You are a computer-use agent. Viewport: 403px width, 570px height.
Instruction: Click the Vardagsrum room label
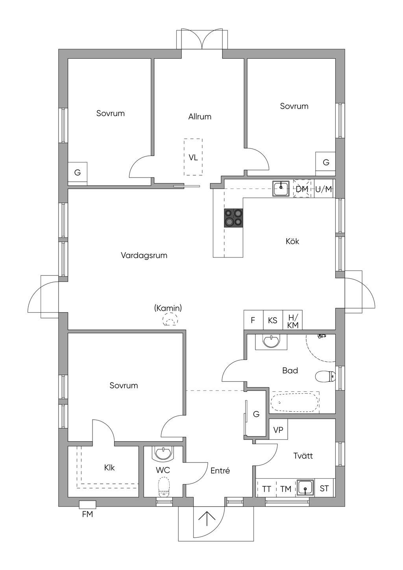click(144, 255)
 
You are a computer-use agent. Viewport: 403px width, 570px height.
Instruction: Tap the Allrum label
click(200, 117)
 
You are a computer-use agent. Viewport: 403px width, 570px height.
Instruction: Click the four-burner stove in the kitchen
click(233, 218)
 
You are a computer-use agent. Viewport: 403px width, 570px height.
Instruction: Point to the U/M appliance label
click(324, 189)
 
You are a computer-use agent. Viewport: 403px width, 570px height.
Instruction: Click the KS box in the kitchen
click(273, 320)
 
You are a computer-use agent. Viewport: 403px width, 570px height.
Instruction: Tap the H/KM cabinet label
click(292, 321)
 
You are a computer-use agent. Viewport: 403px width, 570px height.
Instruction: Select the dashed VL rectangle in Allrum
click(193, 157)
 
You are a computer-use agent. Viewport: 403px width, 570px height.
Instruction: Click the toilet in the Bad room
click(325, 377)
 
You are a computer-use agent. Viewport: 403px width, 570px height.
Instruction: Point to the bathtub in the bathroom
click(295, 402)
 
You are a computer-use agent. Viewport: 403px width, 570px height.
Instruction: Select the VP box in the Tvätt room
click(278, 429)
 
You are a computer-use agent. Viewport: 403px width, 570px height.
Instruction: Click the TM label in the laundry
click(286, 489)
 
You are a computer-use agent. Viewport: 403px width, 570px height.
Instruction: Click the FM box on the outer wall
click(87, 505)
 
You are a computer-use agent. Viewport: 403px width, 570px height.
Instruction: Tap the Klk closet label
click(109, 467)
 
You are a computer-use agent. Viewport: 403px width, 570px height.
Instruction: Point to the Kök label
click(292, 241)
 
